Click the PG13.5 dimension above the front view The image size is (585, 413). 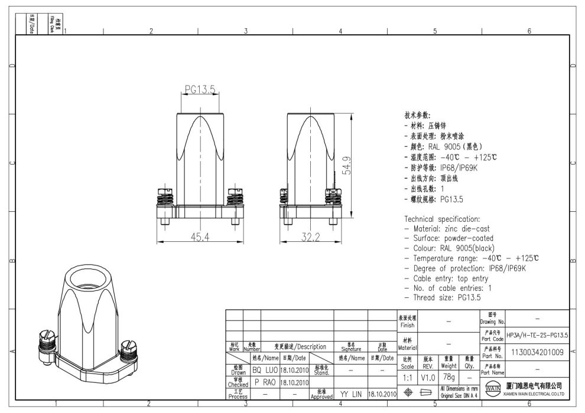[x=200, y=89]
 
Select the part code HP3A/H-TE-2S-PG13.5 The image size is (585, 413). [x=537, y=335]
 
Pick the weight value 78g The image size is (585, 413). [x=448, y=376]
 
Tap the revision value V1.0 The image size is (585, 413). [x=428, y=376]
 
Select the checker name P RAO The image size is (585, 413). [x=265, y=382]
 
